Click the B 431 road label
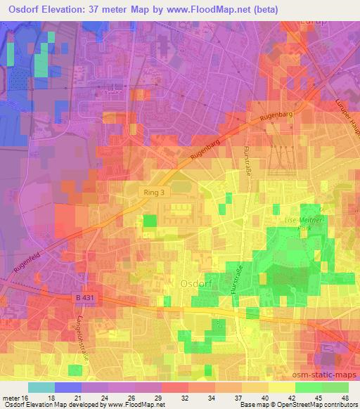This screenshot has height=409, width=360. pyautogui.click(x=84, y=297)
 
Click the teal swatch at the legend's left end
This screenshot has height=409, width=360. pyautogui.click(x=41, y=387)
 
